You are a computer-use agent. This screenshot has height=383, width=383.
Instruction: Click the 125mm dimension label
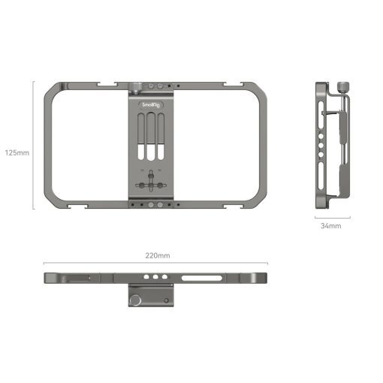[x=17, y=152]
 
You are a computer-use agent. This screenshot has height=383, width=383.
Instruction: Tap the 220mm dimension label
[x=157, y=255]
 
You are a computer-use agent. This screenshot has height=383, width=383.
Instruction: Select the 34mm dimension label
[x=330, y=225]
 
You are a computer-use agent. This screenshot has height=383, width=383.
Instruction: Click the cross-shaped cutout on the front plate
[x=152, y=184]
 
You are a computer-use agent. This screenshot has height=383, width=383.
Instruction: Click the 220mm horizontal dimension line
[x=157, y=264]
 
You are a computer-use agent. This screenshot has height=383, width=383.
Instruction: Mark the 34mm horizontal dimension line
[x=331, y=216]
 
